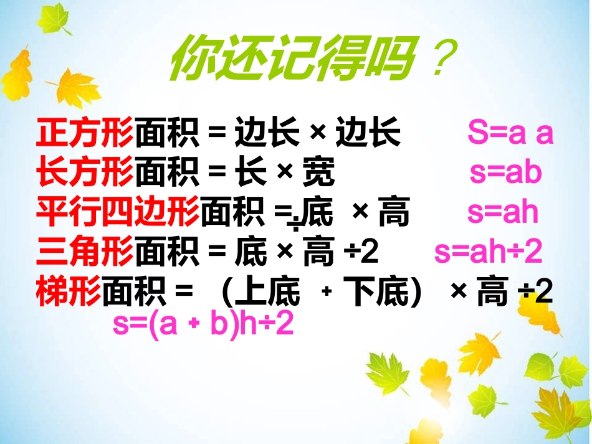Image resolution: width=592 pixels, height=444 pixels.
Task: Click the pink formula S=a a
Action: [510, 133]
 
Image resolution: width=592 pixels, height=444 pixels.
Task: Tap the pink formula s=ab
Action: [505, 173]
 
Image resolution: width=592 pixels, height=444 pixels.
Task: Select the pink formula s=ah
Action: [502, 213]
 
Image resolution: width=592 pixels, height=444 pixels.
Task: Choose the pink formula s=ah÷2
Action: [488, 253]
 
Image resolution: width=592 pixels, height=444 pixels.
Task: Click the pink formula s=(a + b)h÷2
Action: [203, 324]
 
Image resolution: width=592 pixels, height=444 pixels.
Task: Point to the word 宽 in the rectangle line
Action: [318, 173]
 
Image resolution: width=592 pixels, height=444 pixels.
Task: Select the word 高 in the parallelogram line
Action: [394, 213]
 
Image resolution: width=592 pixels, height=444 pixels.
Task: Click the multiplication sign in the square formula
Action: [318, 133]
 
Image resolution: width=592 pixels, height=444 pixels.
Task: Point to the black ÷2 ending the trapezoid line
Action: [535, 293]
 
